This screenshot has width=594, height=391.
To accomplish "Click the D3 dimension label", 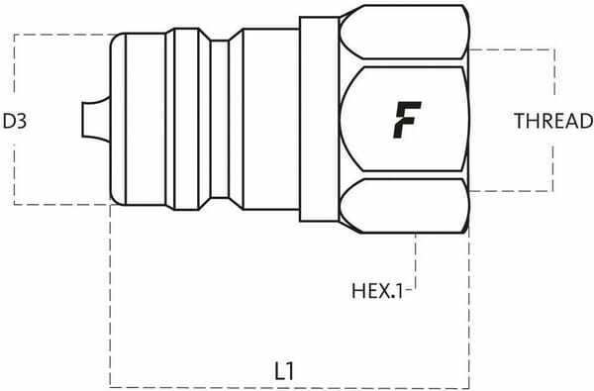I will (x=14, y=122).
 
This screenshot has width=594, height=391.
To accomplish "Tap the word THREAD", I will (x=552, y=122).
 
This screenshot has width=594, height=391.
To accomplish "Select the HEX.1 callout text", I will (x=376, y=292).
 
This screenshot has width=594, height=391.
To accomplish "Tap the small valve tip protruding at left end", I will (x=92, y=121).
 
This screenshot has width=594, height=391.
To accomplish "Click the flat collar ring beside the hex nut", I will (x=315, y=121).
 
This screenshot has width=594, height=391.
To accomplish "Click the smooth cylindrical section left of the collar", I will (x=265, y=121).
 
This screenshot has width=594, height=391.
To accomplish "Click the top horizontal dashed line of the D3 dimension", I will (x=59, y=35).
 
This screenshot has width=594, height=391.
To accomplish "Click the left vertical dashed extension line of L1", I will (x=109, y=297).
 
